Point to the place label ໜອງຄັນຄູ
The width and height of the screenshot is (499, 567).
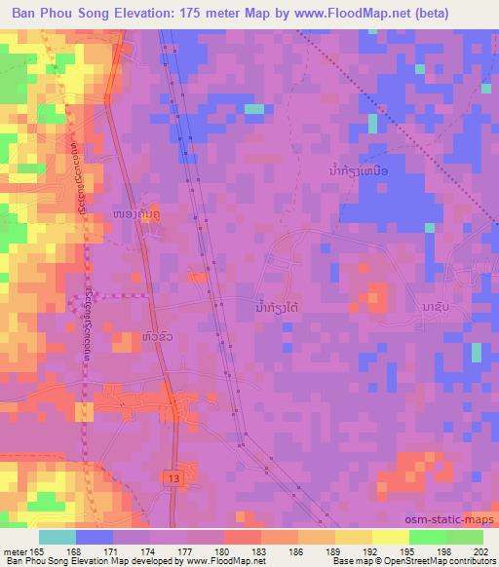[138, 185]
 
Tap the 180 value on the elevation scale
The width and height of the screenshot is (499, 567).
[223, 553]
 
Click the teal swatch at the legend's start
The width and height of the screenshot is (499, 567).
[58, 537]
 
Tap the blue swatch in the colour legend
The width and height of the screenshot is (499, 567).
[95, 537]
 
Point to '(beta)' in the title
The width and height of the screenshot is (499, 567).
[469, 13]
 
